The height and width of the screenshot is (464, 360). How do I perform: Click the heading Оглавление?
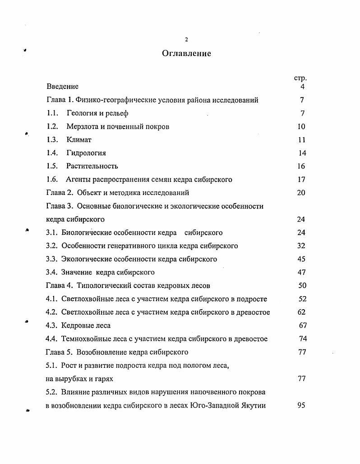click(186, 54)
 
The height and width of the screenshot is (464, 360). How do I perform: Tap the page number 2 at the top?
click(186, 39)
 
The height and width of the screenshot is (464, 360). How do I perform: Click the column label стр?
click(300, 78)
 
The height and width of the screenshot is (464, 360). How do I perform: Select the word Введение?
click(62, 87)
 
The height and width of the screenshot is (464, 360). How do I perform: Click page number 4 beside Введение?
click(302, 87)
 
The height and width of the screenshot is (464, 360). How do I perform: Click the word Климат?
click(79, 140)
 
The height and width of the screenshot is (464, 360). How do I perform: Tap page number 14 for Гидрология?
click(302, 153)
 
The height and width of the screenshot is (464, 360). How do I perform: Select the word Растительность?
click(92, 166)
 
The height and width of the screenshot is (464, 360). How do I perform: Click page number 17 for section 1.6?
click(301, 180)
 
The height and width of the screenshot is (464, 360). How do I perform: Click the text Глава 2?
click(60, 193)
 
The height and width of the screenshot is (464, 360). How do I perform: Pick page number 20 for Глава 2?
click(301, 193)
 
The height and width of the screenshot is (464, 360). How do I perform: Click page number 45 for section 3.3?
click(301, 259)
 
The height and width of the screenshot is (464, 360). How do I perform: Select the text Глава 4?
click(60, 286)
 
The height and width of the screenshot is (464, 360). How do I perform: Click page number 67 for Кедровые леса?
click(303, 325)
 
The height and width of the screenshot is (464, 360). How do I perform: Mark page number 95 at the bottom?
click(301, 405)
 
